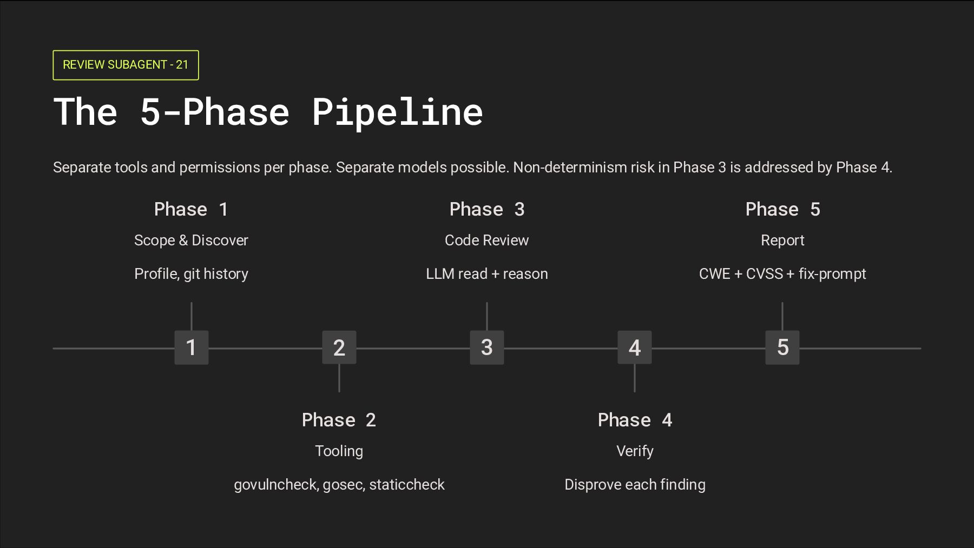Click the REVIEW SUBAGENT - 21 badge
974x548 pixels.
point(126,65)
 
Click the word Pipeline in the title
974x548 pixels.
point(397,112)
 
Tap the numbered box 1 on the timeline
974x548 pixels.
point(191,347)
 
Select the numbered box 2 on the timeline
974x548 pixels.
point(339,347)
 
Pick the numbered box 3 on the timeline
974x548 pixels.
point(486,347)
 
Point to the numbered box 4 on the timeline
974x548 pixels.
point(634,347)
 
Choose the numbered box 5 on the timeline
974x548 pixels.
point(782,347)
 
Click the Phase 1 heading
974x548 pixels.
point(191,209)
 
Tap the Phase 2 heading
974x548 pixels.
point(339,420)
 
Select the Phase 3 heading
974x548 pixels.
point(486,209)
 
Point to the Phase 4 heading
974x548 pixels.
point(635,420)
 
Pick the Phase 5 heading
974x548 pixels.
point(782,209)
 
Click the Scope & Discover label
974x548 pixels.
point(191,240)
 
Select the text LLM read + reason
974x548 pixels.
point(486,274)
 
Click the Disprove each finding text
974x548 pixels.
point(635,485)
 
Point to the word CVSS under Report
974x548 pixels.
point(764,274)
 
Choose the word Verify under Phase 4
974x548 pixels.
point(635,451)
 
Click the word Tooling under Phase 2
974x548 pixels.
point(339,451)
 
